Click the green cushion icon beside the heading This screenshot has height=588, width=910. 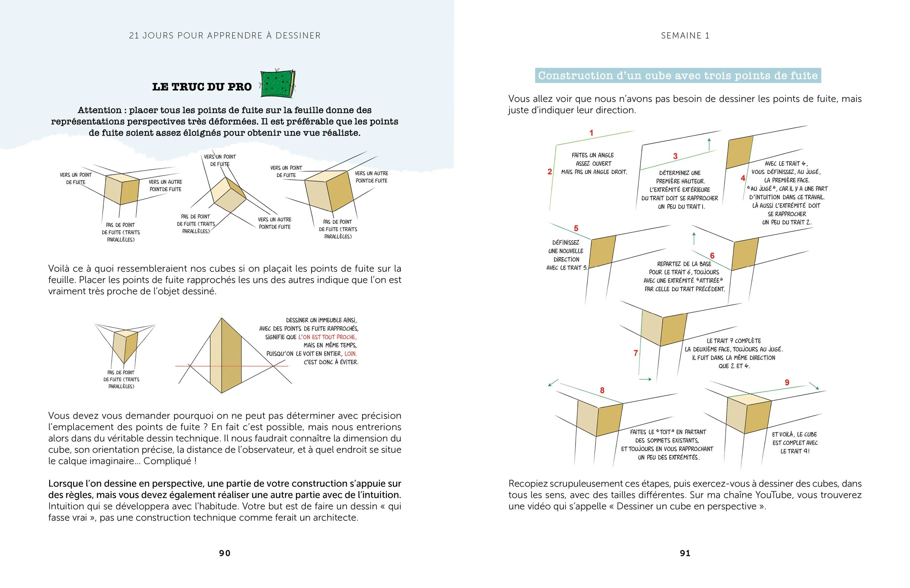point(278,84)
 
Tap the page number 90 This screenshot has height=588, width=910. point(225,553)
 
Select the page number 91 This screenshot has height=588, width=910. point(685,553)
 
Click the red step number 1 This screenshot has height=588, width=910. point(591,133)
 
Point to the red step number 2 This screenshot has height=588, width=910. point(550,172)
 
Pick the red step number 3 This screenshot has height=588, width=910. point(675,156)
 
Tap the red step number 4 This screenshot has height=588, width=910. point(743,178)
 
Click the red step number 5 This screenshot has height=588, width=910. point(576,228)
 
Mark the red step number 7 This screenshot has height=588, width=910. point(636,353)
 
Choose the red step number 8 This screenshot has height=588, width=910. point(602,390)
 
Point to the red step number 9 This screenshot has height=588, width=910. point(787,382)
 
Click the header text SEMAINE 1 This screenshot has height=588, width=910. point(685,36)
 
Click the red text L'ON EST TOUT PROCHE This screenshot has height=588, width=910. point(327,337)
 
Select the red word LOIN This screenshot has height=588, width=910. point(351,353)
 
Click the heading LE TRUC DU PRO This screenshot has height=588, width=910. point(202,87)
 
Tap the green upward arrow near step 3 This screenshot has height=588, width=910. point(709,144)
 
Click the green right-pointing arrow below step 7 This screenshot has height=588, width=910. point(645,379)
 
